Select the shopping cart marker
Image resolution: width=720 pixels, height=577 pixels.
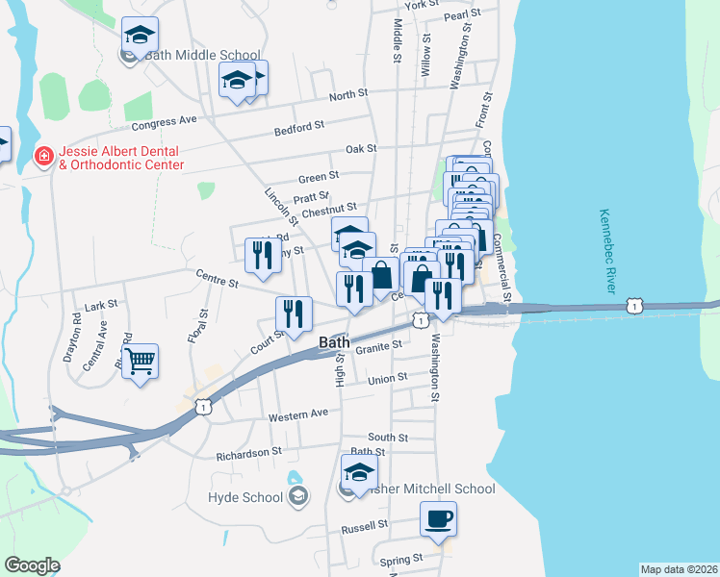point(141,363)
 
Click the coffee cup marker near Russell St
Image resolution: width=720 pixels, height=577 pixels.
point(438,520)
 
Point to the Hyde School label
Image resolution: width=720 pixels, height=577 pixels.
point(245,496)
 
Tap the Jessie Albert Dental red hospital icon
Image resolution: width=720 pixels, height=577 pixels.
point(43,156)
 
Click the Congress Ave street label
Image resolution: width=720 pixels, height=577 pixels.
point(164,122)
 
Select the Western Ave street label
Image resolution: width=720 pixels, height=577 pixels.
point(298,414)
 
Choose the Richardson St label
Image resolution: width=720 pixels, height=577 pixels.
point(248,450)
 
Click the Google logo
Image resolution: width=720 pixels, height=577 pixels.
point(32,565)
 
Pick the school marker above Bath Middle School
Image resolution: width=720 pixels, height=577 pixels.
point(141,36)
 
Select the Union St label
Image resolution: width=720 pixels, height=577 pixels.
point(388,379)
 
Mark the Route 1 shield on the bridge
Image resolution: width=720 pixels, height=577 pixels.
point(633,305)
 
